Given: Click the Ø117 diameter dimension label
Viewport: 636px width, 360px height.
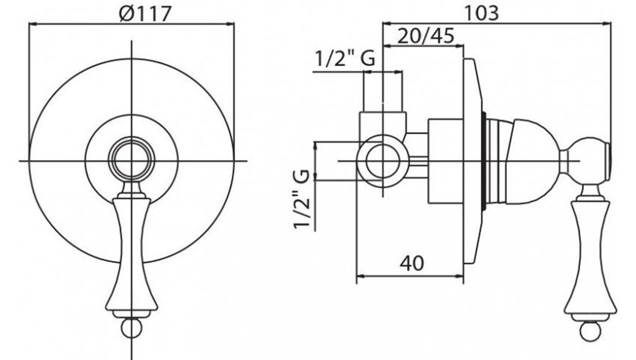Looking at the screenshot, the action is [x=145, y=13].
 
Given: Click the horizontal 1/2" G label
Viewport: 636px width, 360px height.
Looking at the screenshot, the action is [x=345, y=59].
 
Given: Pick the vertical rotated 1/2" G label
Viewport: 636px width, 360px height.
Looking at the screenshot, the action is [x=302, y=200].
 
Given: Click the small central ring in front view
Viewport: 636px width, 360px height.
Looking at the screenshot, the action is [x=132, y=160].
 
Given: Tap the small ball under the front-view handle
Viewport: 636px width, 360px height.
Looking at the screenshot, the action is [x=132, y=328].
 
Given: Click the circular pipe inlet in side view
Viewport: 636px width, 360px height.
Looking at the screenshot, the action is [x=383, y=161].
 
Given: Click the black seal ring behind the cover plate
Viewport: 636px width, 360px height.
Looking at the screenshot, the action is [x=484, y=161].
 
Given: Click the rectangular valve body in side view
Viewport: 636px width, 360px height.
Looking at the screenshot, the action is [x=446, y=161].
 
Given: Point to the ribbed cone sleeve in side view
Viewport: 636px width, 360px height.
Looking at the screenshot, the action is [x=497, y=161].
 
